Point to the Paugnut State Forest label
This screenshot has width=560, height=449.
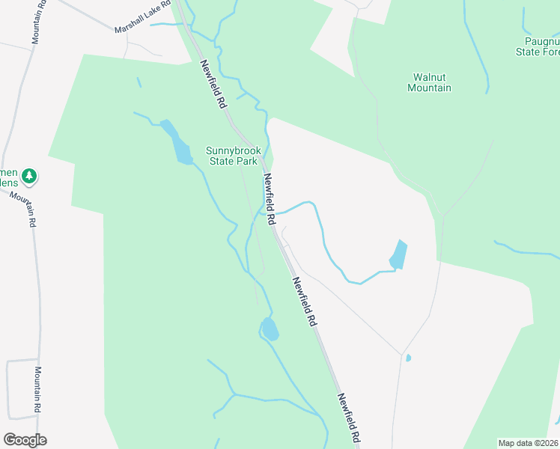(x=538, y=46)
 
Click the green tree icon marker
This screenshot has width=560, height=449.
(x=29, y=177)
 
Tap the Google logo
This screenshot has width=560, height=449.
(x=25, y=440)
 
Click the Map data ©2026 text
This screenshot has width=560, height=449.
(x=528, y=443)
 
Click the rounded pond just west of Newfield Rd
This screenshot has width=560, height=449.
(x=270, y=329)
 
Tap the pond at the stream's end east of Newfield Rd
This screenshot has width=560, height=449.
(x=398, y=254)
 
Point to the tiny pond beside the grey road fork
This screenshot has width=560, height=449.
(x=408, y=358)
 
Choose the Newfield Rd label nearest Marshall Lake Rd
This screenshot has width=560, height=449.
(x=213, y=85)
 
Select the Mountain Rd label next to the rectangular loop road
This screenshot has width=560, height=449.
(x=36, y=389)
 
